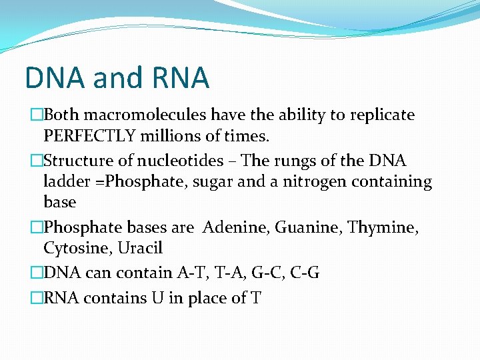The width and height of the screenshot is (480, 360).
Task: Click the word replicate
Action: tap(381, 115)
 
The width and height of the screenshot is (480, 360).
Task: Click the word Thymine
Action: tap(379, 228)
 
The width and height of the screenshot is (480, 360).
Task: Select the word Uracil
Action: tap(141, 248)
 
